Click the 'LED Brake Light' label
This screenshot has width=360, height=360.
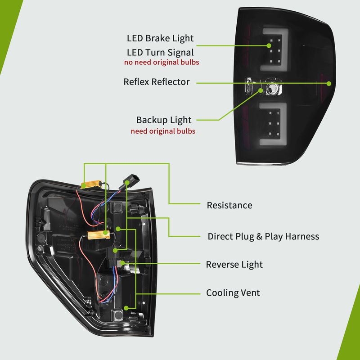[x=160, y=39]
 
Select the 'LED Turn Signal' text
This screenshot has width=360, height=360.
[x=160, y=53]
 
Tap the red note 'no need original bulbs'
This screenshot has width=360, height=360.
[x=162, y=63]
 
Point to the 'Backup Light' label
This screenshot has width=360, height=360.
[x=164, y=120]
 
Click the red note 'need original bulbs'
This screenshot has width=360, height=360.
[x=163, y=131]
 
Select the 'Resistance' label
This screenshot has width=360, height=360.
[x=229, y=205]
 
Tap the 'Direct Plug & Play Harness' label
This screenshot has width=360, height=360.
[x=263, y=236]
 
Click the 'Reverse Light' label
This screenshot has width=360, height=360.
[x=234, y=264]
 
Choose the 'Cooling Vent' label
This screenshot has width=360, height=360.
[x=233, y=293]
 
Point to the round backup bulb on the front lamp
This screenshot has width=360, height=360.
[x=272, y=89]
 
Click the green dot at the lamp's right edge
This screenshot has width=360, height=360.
[x=329, y=83]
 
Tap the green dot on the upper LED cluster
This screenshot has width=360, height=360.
[x=269, y=45]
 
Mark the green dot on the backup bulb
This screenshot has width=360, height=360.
[x=262, y=90]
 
